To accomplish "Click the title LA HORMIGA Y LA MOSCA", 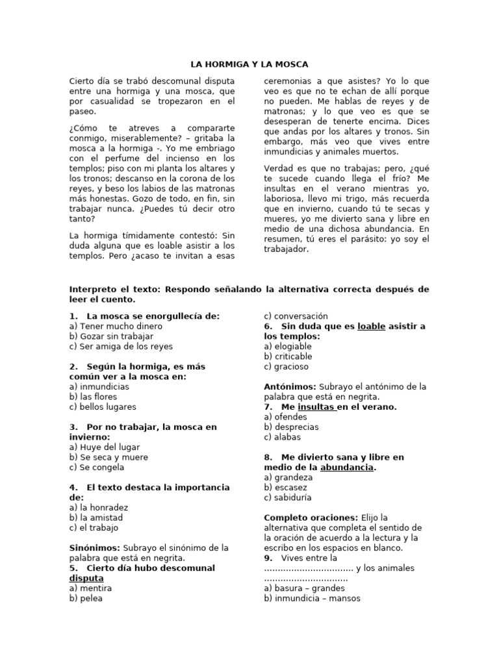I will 249,64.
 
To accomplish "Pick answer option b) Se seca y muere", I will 109,457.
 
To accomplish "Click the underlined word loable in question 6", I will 371,327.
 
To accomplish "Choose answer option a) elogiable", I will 288,347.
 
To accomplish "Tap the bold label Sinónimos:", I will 94,548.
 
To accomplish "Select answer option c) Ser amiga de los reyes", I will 121,347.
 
